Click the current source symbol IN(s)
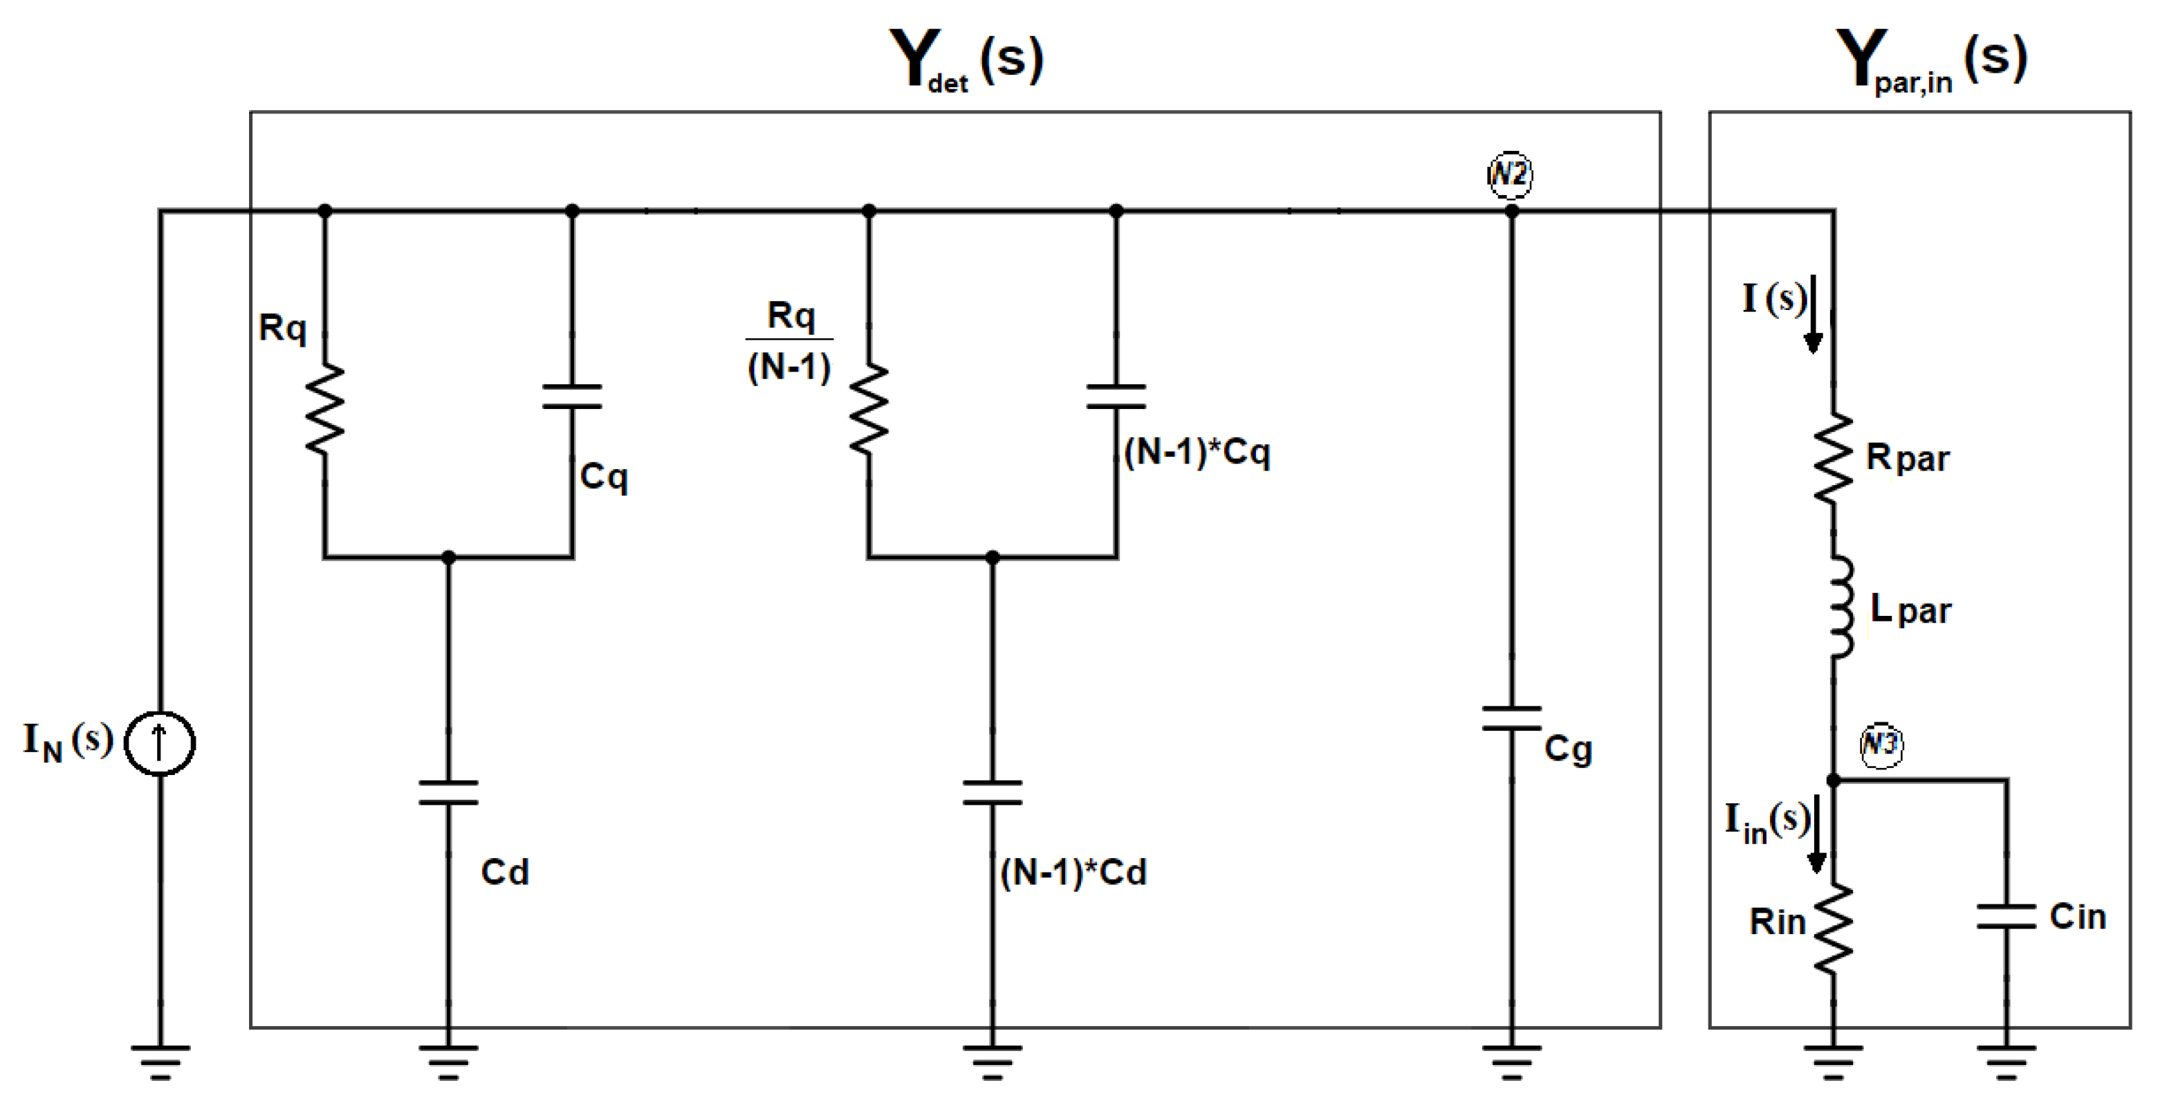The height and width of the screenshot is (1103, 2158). (x=159, y=742)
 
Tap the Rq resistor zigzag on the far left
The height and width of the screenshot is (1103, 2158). (x=325, y=410)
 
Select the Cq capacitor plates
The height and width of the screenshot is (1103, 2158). (x=572, y=396)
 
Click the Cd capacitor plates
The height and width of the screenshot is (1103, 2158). (x=448, y=792)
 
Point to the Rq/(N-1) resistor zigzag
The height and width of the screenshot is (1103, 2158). (x=869, y=410)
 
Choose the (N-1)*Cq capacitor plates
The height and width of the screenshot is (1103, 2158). (x=1116, y=396)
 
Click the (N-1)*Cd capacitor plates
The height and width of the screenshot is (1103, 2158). (x=992, y=792)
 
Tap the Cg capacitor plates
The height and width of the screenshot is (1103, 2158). (x=1511, y=718)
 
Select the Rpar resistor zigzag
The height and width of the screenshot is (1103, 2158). (x=1833, y=459)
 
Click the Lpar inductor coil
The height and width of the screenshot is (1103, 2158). (x=1840, y=607)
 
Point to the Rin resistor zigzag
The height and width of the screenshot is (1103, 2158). (x=1833, y=929)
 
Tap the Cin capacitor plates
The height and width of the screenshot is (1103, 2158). (x=2007, y=916)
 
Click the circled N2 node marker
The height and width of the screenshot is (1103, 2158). (x=1510, y=174)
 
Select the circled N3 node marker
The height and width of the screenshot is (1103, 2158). (x=1881, y=743)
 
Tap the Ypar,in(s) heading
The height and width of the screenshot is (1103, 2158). (x=1931, y=59)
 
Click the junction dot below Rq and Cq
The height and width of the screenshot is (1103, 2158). (x=448, y=557)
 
